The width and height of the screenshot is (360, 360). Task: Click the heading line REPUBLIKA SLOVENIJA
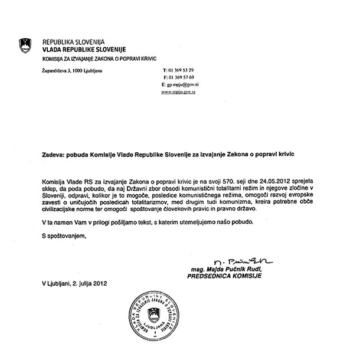click(x=73, y=42)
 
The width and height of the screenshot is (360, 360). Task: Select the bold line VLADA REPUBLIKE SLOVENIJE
click(x=81, y=50)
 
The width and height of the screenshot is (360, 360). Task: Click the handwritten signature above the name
click(x=236, y=261)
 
